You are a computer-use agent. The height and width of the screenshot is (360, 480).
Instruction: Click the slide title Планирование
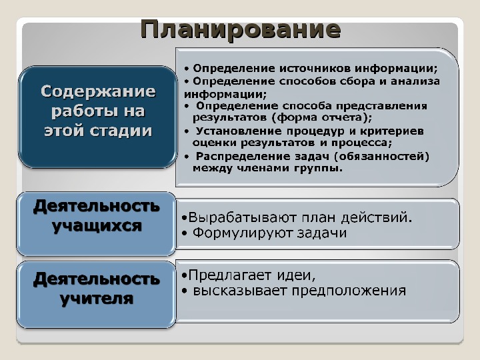point(241,30)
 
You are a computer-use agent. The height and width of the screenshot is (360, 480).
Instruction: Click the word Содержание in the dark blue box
point(98,91)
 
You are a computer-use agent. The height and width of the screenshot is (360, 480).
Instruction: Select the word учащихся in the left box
point(97,226)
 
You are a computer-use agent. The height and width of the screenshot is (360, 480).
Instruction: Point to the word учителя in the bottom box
point(97,298)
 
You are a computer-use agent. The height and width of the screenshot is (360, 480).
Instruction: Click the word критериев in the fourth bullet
point(392,131)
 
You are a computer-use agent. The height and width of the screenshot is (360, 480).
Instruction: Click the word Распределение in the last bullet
point(243,157)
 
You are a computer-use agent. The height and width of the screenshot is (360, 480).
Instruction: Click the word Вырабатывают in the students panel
point(242,217)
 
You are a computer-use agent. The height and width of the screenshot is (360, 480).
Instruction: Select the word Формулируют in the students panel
point(243,233)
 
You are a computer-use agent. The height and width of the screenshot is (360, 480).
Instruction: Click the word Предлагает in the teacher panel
point(231,275)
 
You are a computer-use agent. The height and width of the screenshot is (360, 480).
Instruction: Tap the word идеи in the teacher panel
point(294,275)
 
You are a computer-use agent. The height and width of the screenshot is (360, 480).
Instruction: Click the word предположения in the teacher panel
point(349,291)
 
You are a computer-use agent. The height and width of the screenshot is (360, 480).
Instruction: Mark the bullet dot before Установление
point(187,131)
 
